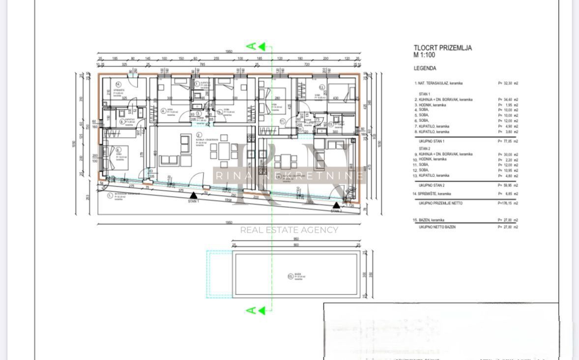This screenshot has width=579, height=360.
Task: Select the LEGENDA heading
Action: click(425, 68)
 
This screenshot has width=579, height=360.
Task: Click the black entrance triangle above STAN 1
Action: click(193, 195)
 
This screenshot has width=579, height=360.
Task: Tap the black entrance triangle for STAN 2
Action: click(336, 205)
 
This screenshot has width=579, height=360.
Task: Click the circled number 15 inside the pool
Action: click(290, 276)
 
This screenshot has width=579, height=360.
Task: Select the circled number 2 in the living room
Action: click(199, 135)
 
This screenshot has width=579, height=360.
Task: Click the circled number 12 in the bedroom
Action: click(322, 88)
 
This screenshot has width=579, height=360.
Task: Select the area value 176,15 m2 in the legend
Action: click(508, 203)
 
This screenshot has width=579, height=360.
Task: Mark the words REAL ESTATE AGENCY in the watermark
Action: click(289, 230)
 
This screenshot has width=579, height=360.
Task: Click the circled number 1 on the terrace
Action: click(109, 195)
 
